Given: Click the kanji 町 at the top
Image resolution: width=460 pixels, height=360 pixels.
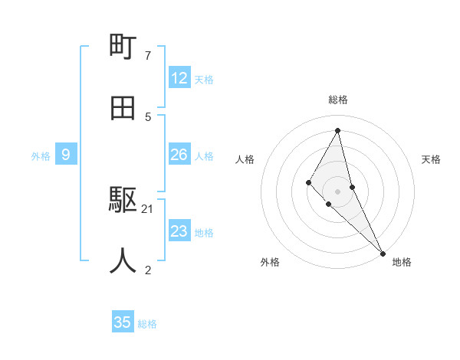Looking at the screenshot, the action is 123,47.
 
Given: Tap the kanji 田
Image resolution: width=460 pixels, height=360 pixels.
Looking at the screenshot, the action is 123,108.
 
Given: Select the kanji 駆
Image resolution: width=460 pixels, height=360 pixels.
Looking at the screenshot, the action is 123,201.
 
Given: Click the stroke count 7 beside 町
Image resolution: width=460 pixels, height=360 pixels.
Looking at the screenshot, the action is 148,56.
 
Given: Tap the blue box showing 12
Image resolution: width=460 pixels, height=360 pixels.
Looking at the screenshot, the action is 179,78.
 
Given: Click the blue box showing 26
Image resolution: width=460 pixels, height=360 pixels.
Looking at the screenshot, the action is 179,155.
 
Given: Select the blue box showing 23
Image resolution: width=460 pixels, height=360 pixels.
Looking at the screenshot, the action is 179,231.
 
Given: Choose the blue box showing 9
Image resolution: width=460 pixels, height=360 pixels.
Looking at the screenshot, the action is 66,155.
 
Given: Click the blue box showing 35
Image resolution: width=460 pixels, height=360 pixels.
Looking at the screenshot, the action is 123,322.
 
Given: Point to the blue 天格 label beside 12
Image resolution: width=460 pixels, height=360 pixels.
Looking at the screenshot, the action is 204,80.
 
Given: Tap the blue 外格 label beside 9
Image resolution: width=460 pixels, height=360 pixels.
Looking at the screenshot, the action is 41,156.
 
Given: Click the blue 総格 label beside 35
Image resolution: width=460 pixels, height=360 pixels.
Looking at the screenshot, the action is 147,324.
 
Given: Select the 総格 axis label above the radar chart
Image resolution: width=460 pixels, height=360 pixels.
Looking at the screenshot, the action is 338,100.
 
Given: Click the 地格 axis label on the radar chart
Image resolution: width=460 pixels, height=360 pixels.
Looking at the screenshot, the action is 402,262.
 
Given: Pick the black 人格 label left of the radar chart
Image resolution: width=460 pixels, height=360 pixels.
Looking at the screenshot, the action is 245,159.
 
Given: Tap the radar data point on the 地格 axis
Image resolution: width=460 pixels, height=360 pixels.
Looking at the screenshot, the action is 383,252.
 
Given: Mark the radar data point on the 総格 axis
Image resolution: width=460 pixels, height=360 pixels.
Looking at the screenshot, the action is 338,129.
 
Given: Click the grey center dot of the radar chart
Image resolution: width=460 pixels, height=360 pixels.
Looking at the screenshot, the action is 338,191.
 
